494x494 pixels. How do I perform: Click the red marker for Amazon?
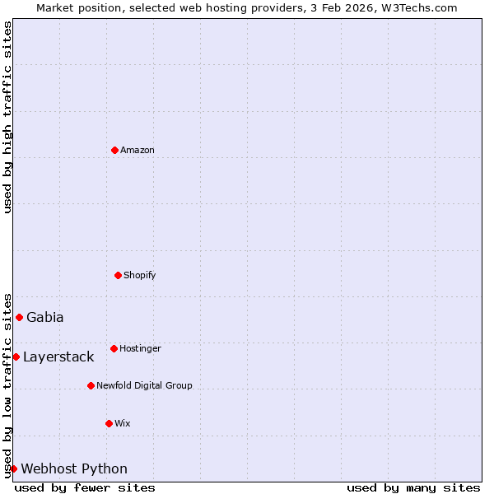coord(115,150)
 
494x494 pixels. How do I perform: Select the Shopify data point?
coord(118,275)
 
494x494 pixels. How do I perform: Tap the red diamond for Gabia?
coord(19,317)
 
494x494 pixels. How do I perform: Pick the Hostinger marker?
coord(114,348)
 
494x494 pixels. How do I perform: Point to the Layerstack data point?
coord(16,357)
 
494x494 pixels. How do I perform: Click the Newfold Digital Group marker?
coord(91,385)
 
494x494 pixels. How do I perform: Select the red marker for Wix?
coord(109,423)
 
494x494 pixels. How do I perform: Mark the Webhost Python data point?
coord(13,468)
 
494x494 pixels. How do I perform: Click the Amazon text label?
coord(137,150)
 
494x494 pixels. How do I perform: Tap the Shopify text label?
coord(140,275)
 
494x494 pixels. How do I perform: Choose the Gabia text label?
coord(45,317)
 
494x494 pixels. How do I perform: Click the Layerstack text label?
coord(58,357)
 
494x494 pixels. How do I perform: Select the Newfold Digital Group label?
coord(144,385)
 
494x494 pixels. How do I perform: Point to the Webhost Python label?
coord(74,468)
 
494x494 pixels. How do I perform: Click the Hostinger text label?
coord(140,348)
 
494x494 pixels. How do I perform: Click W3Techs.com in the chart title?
coord(418,7)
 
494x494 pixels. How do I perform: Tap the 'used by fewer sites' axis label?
coord(85,487)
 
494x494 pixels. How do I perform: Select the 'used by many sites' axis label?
coord(413,487)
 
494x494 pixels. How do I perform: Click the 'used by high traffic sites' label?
coord(7,117)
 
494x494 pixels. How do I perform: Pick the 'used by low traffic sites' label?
coord(7,385)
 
